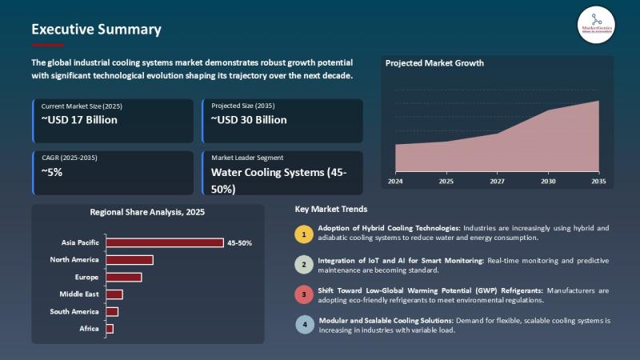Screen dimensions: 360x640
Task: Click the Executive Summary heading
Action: pos(96,30)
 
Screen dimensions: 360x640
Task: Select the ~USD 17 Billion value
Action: pos(79,120)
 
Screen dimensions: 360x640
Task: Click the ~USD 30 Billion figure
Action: pos(249,120)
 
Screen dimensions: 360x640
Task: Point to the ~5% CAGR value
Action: pos(52,171)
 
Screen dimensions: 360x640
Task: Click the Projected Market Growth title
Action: pos(434,63)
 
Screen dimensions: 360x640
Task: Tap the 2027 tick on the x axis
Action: pos(497,182)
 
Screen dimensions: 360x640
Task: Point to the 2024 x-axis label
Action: pos(395,182)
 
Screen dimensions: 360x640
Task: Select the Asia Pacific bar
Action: pos(165,242)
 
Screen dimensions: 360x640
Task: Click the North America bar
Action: pos(129,260)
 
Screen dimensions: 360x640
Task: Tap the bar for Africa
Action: pos(110,329)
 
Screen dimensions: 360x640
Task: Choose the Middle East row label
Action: pos(79,294)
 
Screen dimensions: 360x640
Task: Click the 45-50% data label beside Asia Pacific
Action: pos(240,242)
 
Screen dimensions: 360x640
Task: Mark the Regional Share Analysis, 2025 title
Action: pos(147,213)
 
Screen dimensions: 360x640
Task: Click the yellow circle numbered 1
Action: pos(304,234)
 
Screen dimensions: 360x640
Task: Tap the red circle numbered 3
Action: pos(304,294)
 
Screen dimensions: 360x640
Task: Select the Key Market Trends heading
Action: pos(331,210)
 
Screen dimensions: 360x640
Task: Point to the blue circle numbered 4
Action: pos(304,325)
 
